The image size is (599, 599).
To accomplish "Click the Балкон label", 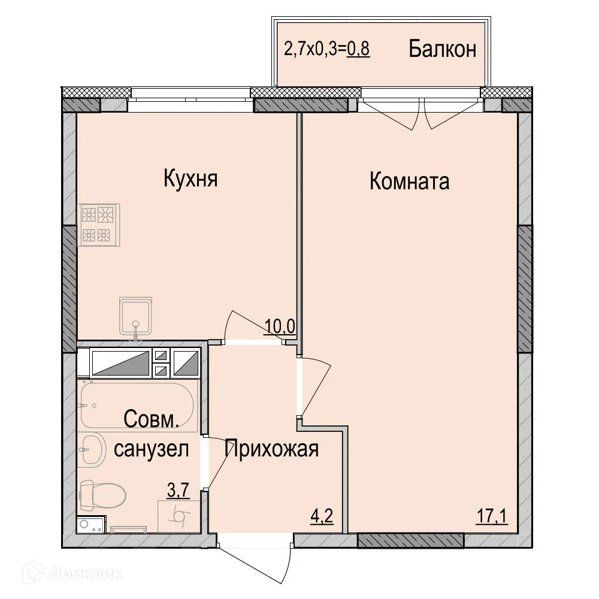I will pos(443,49).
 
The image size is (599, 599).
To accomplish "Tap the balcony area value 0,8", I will pos(358,49).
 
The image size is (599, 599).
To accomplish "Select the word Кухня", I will pos(190,179).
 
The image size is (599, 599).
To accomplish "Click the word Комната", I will pos(409,181).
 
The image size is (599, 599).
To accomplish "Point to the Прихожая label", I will pos(271,448).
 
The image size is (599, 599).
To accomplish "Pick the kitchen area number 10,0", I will pos(280,327).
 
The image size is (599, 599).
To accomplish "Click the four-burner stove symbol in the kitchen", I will pos(98,225).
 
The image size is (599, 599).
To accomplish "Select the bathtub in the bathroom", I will pos(137,406).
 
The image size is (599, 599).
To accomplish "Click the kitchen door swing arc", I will pos(246,323).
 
